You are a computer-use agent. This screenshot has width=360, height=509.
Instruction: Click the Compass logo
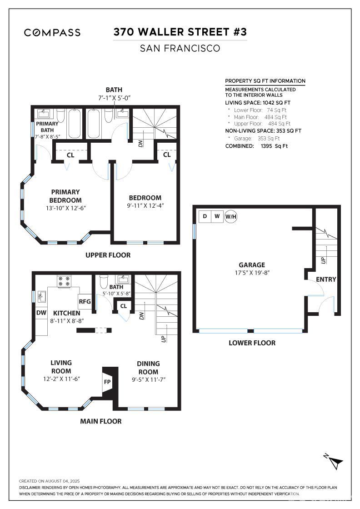(52, 32)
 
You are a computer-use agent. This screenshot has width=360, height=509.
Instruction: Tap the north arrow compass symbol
(335, 462)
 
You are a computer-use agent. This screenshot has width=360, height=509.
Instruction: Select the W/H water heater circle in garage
(231, 216)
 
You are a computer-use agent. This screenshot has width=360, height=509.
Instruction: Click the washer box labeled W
(217, 216)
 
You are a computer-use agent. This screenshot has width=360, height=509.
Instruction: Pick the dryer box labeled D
(205, 216)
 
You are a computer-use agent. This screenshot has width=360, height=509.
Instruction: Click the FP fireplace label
(107, 382)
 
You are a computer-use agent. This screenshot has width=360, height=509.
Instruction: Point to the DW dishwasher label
(41, 313)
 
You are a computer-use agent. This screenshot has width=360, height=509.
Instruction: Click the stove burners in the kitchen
(63, 281)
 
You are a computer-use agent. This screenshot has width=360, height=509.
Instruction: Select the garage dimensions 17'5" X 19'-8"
(252, 274)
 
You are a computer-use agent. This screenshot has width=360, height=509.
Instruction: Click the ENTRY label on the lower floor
(326, 279)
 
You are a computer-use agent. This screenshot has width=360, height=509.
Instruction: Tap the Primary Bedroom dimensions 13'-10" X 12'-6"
(65, 208)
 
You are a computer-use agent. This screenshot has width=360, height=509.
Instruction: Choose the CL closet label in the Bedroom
(167, 155)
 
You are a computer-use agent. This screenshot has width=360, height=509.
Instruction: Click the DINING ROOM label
(148, 367)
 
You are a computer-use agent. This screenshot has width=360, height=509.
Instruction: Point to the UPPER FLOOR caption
(108, 255)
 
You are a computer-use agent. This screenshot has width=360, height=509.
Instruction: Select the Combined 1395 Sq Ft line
(256, 146)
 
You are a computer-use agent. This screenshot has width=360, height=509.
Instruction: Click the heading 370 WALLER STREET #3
(180, 32)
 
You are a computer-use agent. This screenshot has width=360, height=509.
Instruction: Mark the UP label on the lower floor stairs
(323, 260)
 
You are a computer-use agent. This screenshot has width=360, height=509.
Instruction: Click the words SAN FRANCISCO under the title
(180, 48)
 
